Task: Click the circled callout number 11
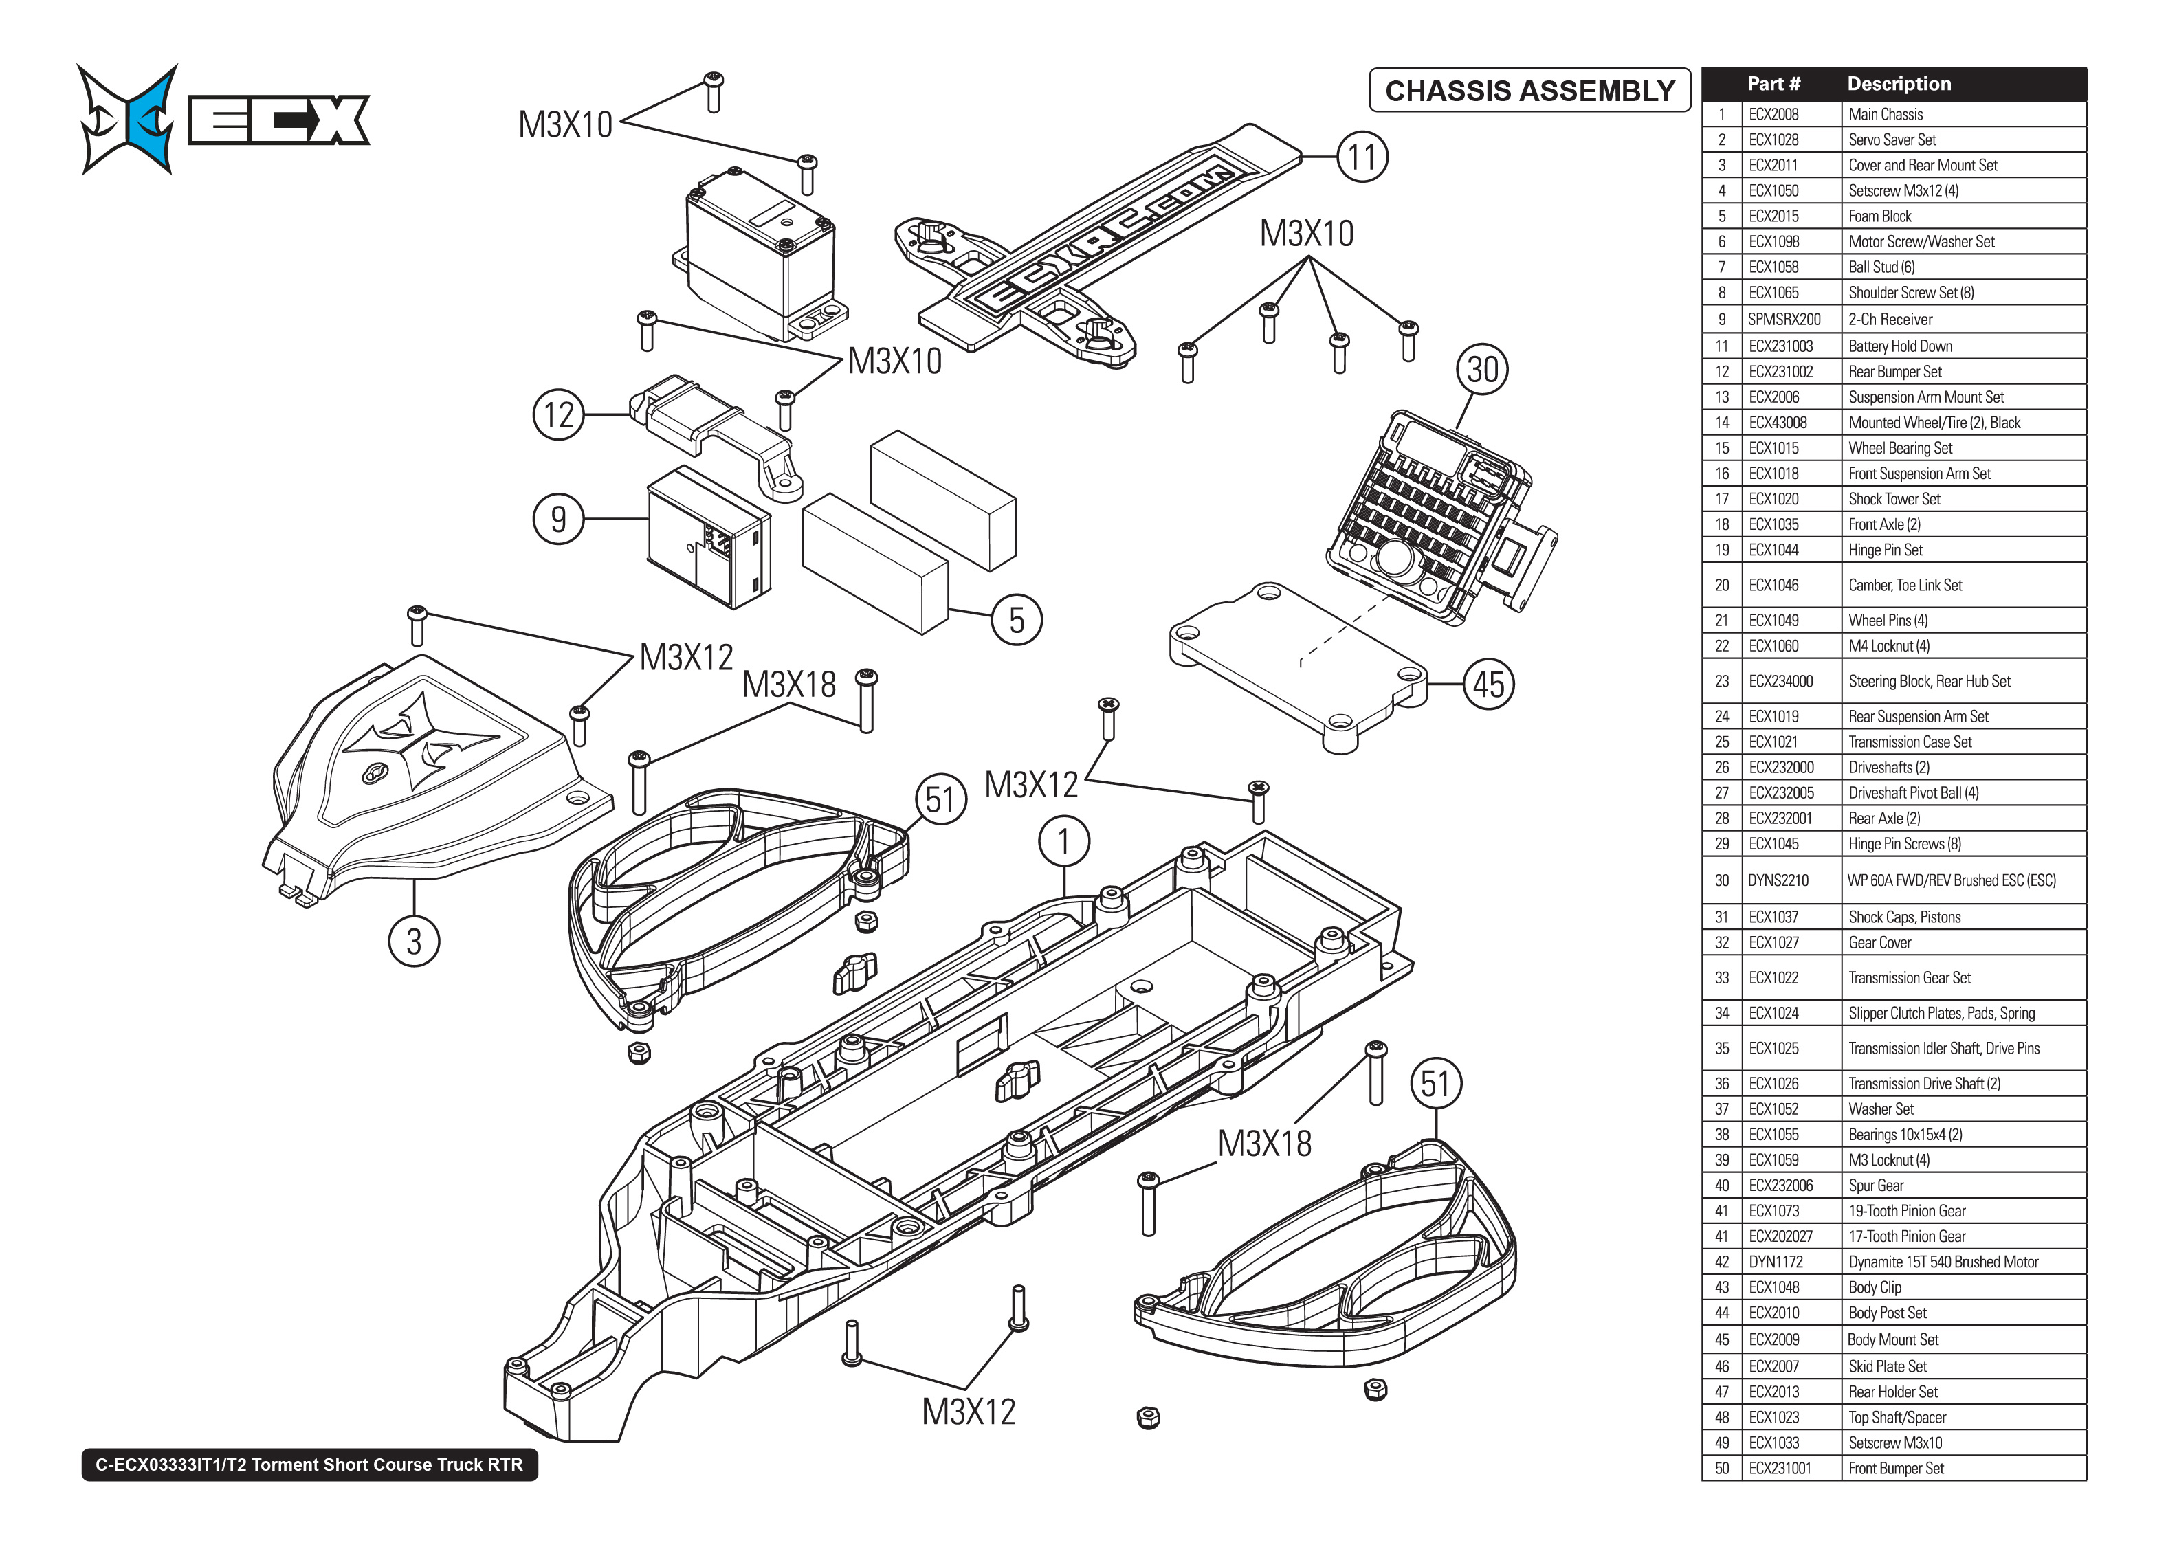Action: pyautogui.click(x=1362, y=157)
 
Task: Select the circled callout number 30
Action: pyautogui.click(x=1482, y=370)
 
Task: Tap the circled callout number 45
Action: pyautogui.click(x=1489, y=684)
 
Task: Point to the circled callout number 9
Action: pyautogui.click(x=558, y=519)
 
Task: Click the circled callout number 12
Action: pyautogui.click(x=558, y=415)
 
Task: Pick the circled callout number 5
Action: pyautogui.click(x=1017, y=620)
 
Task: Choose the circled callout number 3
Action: pyautogui.click(x=413, y=941)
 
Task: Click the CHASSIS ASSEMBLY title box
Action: pyautogui.click(x=1529, y=91)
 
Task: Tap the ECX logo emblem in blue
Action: pyautogui.click(x=129, y=119)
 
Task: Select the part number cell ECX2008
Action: pyautogui.click(x=1773, y=114)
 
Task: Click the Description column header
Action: pyautogui.click(x=1899, y=84)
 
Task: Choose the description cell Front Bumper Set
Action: pyautogui.click(x=1895, y=1468)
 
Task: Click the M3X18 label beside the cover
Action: pyautogui.click(x=788, y=684)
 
